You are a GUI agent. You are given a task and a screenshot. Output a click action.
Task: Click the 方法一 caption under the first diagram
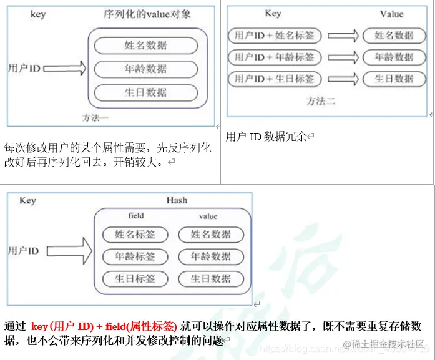tap(95, 117)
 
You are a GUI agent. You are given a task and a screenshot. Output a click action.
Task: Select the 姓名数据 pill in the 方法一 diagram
tap(146, 45)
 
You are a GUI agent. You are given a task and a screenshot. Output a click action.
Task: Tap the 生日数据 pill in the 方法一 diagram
tap(146, 92)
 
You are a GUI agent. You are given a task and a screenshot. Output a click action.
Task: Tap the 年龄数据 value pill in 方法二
tap(394, 57)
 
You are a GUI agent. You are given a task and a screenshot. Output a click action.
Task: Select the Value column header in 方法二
tap(391, 14)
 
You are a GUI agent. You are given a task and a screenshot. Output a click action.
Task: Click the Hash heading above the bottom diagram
tap(177, 200)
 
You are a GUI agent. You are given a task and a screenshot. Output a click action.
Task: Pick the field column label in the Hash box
tap(136, 216)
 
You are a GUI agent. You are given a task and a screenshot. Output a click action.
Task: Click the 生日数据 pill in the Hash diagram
tap(211, 279)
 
